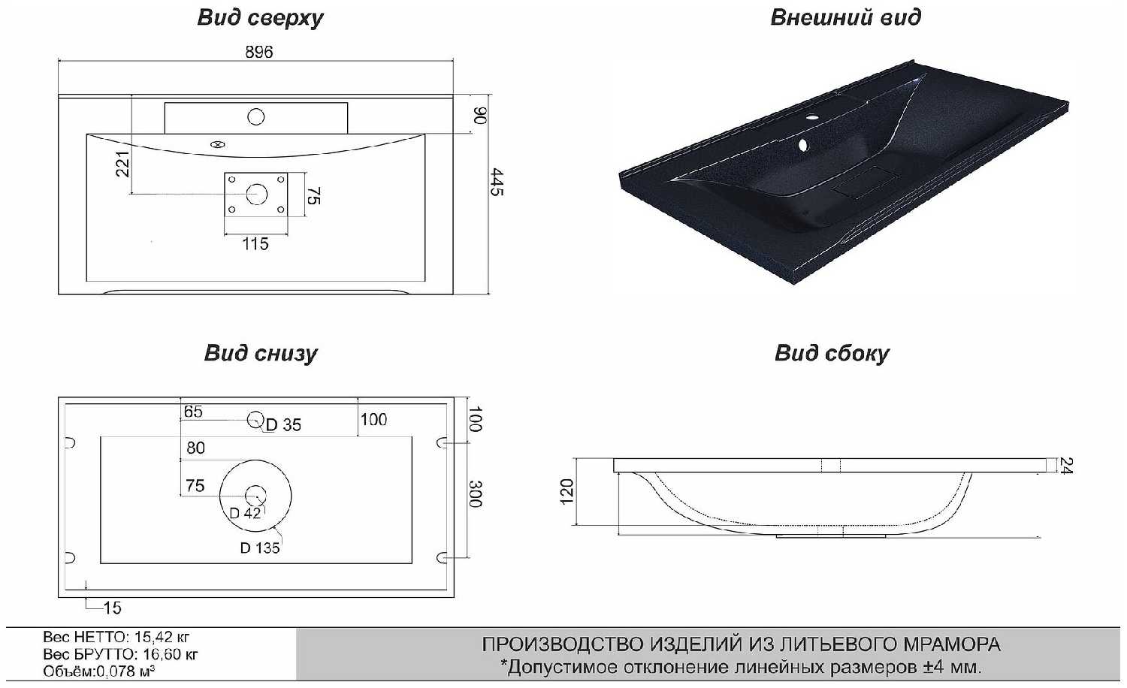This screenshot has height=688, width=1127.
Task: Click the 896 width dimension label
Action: [x=258, y=52]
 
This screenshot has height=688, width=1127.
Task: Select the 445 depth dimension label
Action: [x=497, y=182]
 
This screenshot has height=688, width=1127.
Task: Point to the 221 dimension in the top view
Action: [x=122, y=164]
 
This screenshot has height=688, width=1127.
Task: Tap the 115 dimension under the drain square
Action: [x=255, y=243]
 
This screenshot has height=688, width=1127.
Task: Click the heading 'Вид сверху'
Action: [x=260, y=18]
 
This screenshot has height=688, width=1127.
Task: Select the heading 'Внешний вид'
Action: [x=845, y=18]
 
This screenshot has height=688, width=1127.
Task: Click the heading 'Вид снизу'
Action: [x=261, y=353]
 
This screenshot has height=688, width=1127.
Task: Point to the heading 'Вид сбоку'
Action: [x=832, y=353]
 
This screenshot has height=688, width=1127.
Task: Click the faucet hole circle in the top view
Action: [x=256, y=117]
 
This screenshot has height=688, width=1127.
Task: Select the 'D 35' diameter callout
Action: [x=283, y=425]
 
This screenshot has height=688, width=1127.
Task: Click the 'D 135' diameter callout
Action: [x=260, y=548]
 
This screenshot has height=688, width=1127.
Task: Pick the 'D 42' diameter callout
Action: [x=245, y=513]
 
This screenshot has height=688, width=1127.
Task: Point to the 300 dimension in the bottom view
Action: [x=474, y=493]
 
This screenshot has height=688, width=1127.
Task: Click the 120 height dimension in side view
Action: [x=567, y=491]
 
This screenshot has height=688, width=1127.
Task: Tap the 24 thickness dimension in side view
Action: [x=1066, y=466]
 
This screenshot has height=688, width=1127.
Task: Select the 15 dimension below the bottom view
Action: [x=112, y=608]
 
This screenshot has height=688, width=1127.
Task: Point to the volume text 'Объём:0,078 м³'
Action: [x=98, y=671]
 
